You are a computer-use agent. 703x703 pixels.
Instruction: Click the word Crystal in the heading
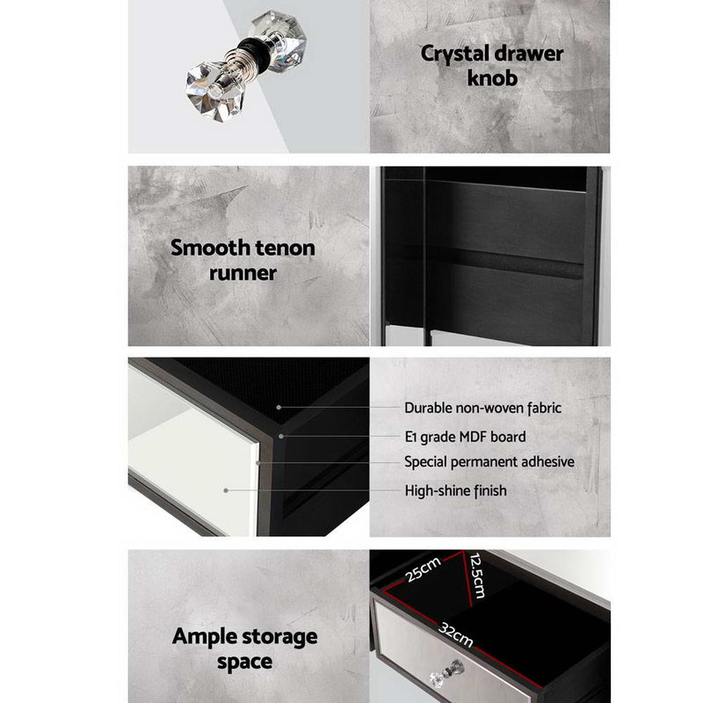tap(454, 54)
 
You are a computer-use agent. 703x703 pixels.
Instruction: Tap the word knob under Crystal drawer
tap(492, 78)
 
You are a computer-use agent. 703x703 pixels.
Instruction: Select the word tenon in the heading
tap(285, 248)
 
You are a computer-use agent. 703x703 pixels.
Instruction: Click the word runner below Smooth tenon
tap(243, 273)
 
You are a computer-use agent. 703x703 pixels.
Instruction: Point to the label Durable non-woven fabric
tap(482, 408)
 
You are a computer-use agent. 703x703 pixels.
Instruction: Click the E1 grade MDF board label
tap(466, 437)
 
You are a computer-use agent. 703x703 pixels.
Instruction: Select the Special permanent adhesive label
tap(489, 462)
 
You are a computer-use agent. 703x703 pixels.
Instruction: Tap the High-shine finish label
tap(455, 490)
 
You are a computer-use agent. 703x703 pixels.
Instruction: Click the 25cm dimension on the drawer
tap(424, 569)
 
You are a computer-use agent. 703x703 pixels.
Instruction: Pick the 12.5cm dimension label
tap(477, 576)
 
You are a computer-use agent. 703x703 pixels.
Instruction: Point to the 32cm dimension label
tap(455, 634)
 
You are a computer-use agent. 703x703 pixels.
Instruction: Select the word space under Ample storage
tap(245, 663)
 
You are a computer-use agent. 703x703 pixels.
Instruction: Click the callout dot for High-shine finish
tap(226, 490)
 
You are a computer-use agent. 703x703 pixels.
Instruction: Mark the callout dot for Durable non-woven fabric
tap(279, 408)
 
